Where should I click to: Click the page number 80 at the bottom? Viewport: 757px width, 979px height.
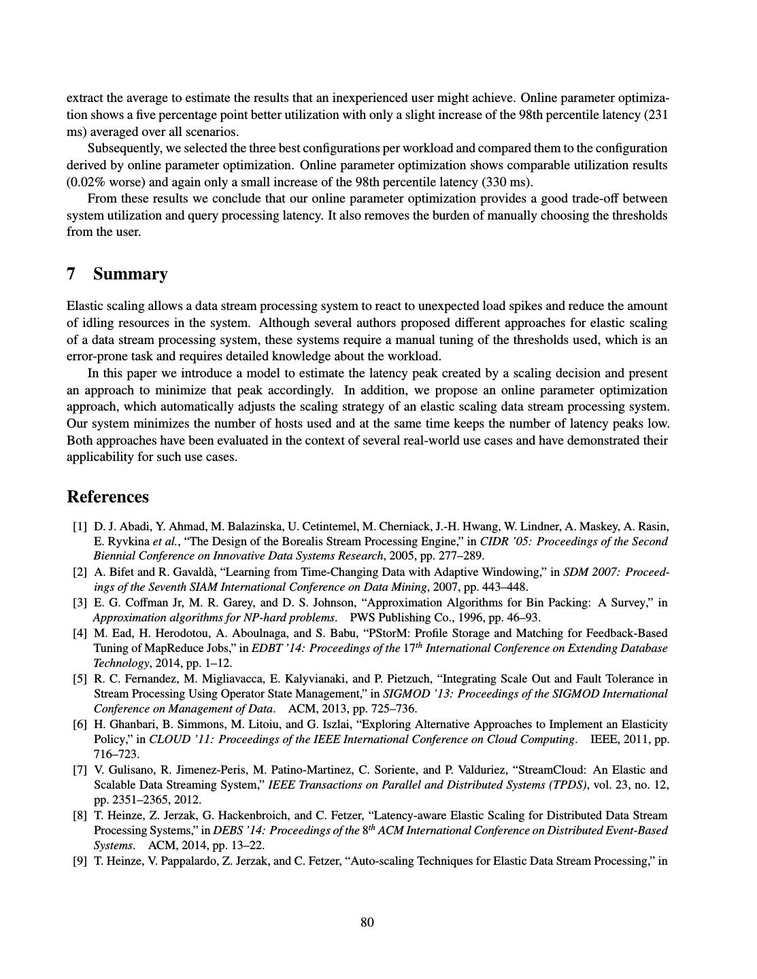click(367, 922)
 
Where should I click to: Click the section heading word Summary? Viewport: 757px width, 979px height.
click(130, 274)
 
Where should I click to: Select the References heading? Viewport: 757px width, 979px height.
click(107, 497)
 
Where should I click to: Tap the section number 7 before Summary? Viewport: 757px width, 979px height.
click(71, 274)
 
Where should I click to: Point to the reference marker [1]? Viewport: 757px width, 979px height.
click(80, 526)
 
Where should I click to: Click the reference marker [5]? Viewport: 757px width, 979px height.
click(80, 679)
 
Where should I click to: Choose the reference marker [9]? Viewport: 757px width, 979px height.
click(80, 861)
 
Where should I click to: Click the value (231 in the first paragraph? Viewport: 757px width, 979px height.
click(656, 115)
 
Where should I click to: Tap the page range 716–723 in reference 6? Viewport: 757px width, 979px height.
click(116, 754)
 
